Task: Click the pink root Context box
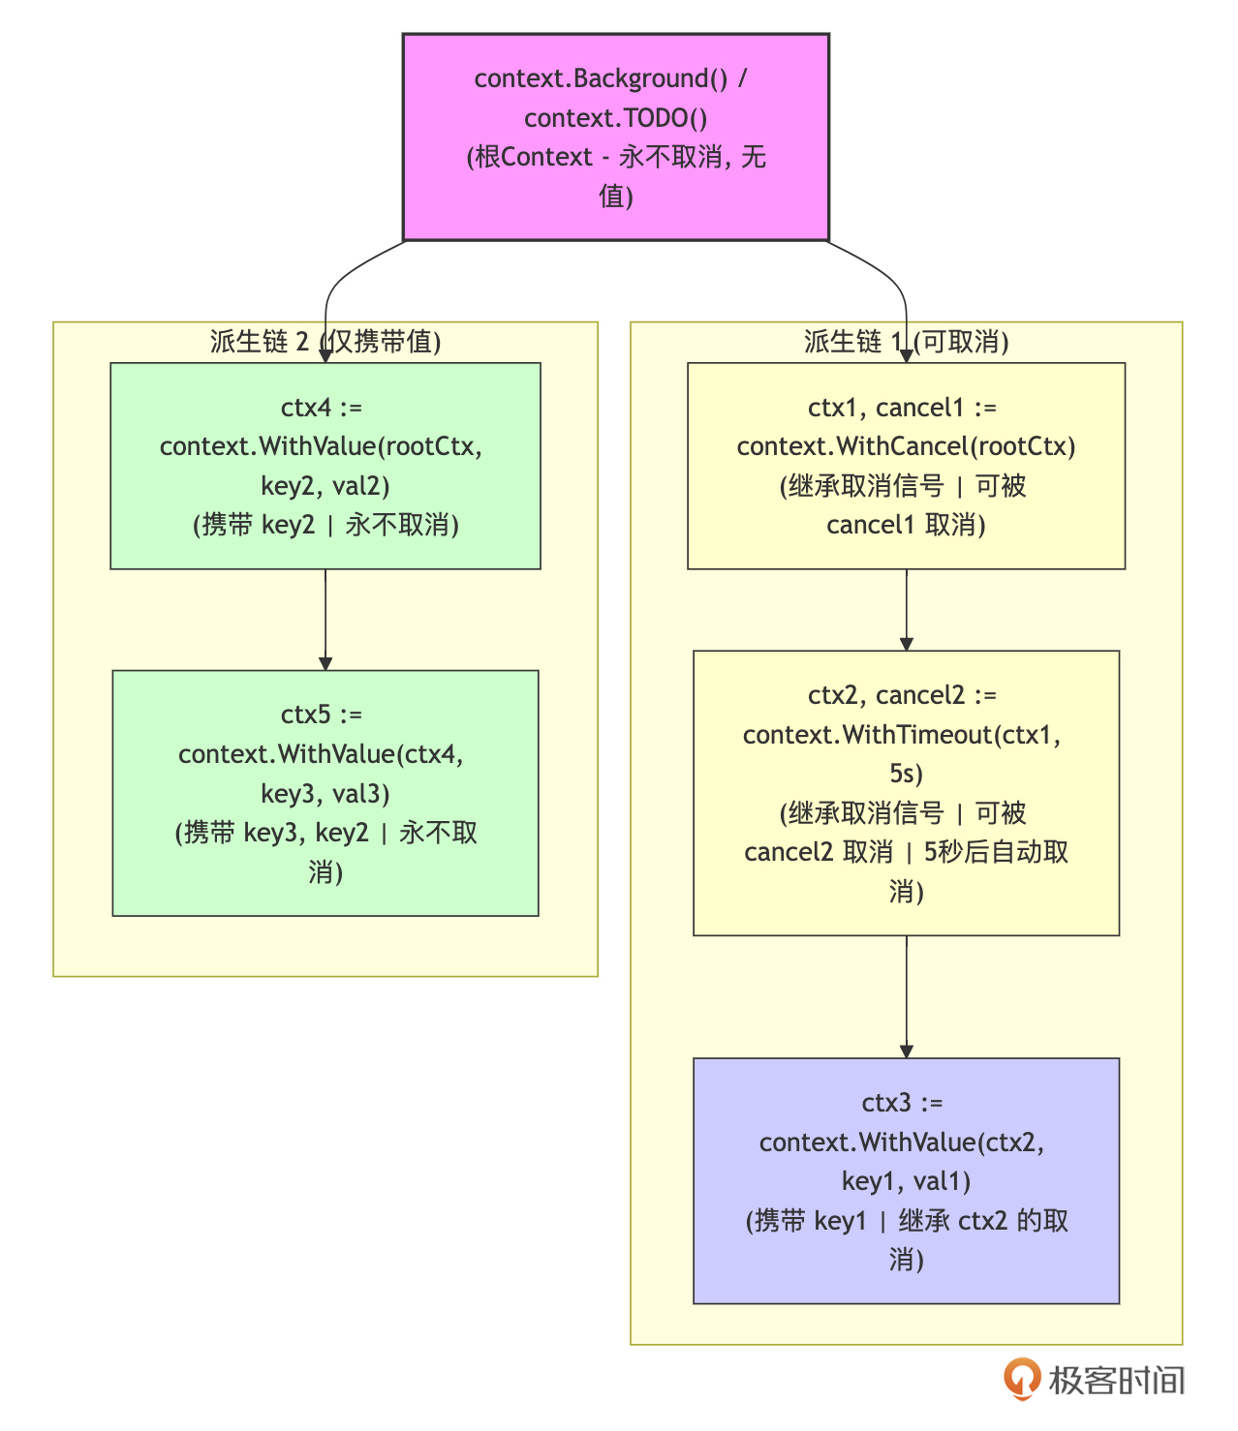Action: (616, 137)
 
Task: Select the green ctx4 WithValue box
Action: (325, 466)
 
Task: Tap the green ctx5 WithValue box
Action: (325, 793)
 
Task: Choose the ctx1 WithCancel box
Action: (906, 466)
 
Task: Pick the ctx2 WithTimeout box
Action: (906, 793)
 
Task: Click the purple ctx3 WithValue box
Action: (906, 1180)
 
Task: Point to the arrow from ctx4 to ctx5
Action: (325, 618)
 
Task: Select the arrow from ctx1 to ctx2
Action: (907, 608)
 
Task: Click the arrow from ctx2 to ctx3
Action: (907, 995)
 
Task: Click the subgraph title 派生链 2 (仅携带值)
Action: (325, 342)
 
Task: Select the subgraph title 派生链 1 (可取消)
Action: (906, 342)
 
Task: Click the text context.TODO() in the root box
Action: (616, 118)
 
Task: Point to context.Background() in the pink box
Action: (601, 78)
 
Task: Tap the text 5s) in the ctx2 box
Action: (906, 774)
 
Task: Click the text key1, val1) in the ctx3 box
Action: (906, 1181)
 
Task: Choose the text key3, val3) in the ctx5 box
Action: (325, 794)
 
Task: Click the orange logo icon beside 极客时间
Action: (1021, 1379)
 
